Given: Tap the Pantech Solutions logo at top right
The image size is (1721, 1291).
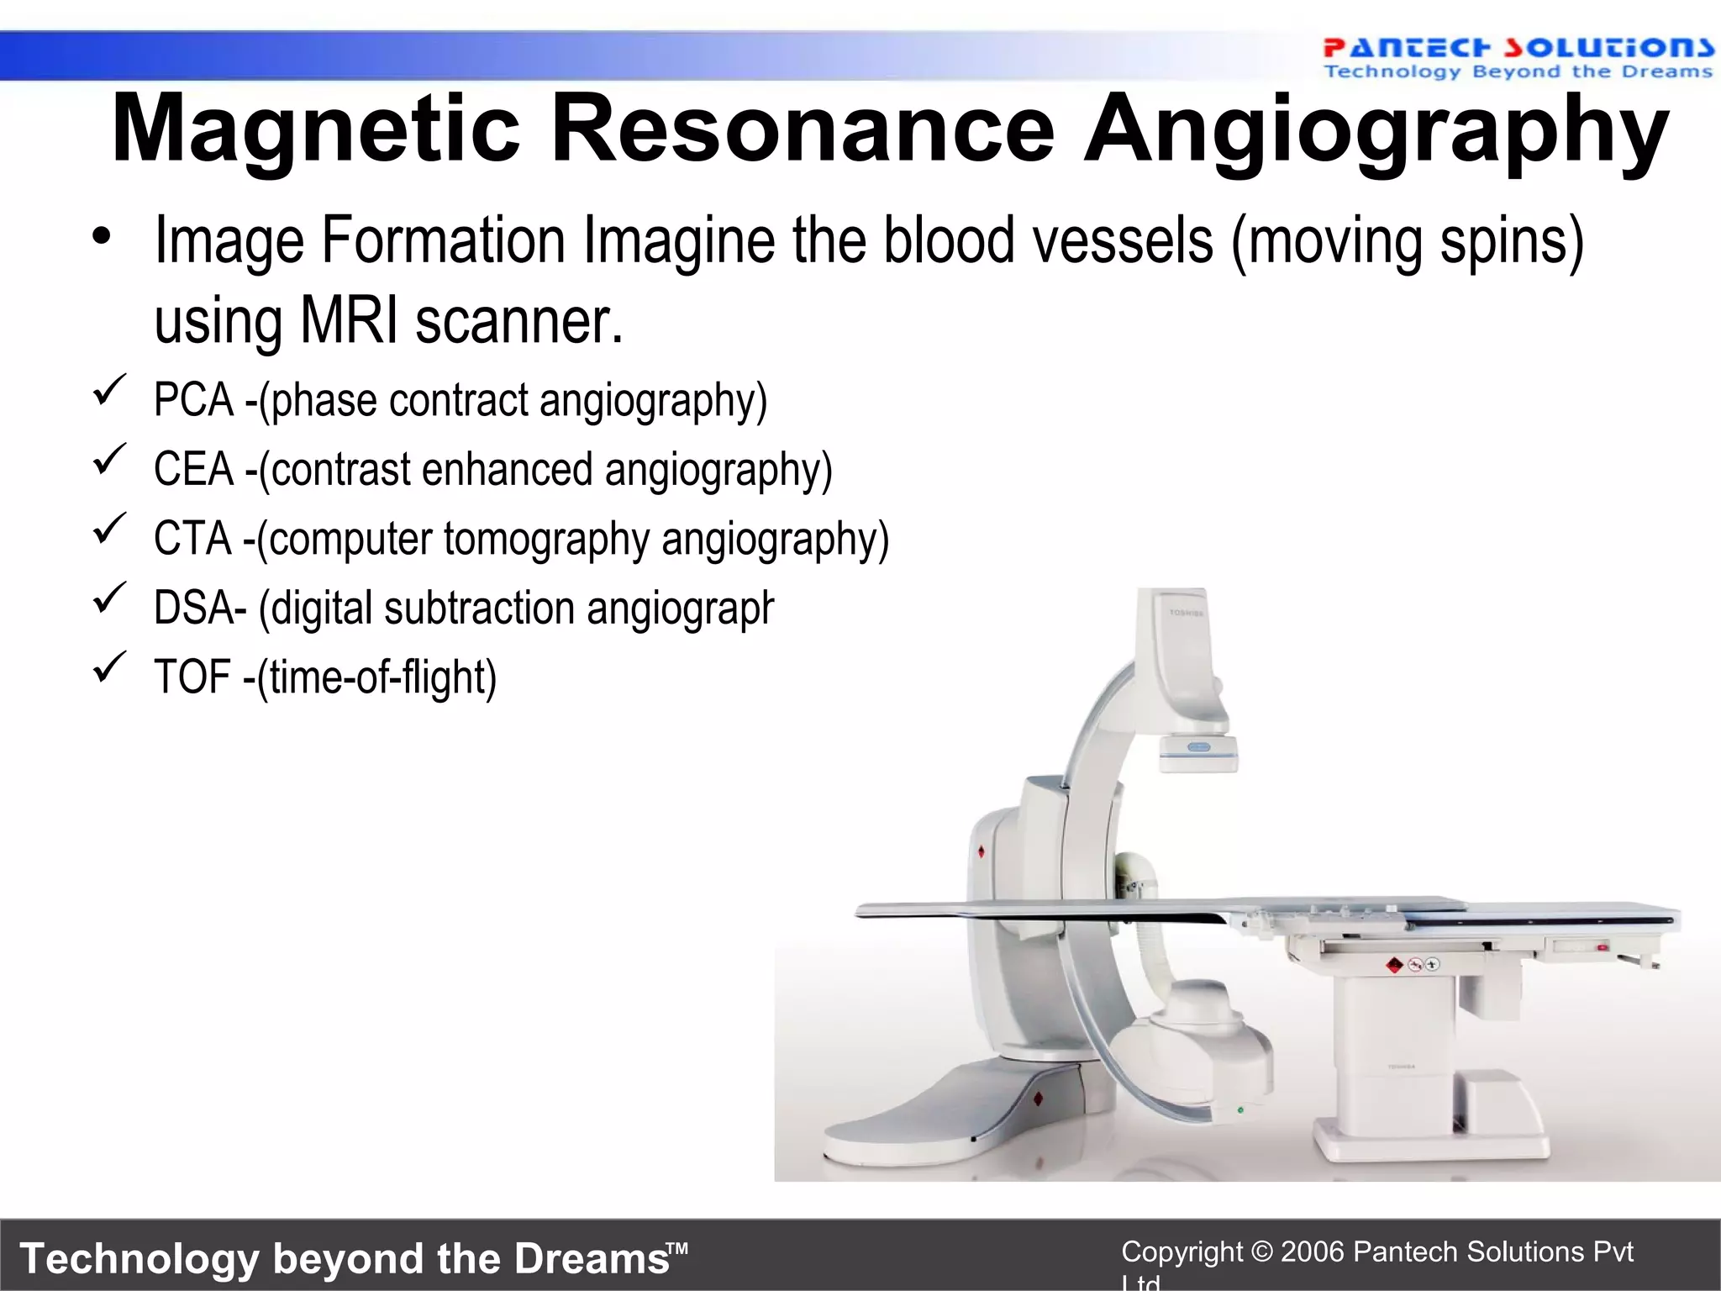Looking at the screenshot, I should (x=1517, y=57).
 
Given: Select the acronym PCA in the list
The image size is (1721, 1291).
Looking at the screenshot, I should (x=193, y=400).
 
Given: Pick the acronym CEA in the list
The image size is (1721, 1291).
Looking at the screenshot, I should (x=193, y=469).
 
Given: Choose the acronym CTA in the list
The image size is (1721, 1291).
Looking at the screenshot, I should (x=192, y=539).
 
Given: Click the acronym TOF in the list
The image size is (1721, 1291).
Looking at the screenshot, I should (x=192, y=677).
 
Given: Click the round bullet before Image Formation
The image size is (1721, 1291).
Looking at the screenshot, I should (x=102, y=238).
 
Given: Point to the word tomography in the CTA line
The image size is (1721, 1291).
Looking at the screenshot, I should (x=546, y=539).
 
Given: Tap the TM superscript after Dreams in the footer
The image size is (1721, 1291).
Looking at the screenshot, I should (x=678, y=1248).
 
